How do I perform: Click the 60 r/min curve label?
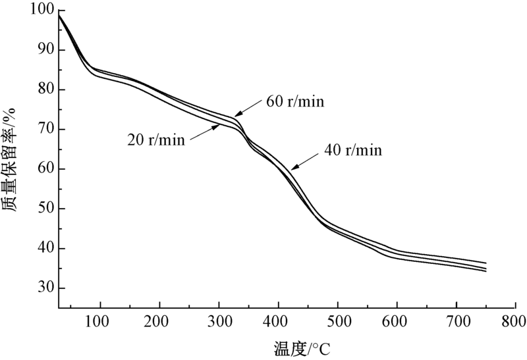pos(296,101)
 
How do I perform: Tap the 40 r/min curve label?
pos(353,150)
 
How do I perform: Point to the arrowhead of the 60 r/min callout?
pos(236,116)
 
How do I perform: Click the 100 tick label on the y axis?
pos(42,11)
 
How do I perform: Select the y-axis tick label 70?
pos(45,130)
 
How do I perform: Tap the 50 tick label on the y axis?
pos(45,209)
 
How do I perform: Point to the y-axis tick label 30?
pos(45,289)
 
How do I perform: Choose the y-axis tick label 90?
pos(45,51)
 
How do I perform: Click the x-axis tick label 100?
pos(100,322)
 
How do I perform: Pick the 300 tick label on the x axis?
pos(219,322)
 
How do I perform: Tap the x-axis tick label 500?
pos(337,322)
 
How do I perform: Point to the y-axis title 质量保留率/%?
pos(11,159)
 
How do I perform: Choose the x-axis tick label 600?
pos(397,322)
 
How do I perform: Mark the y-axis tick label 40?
pos(45,249)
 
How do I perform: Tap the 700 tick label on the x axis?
pos(456,322)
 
